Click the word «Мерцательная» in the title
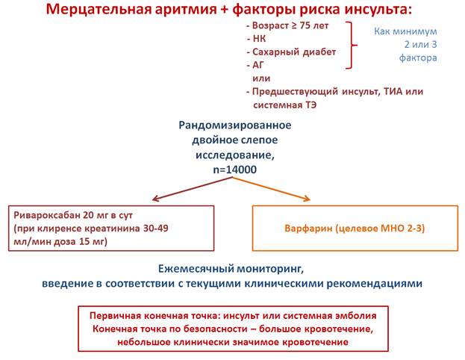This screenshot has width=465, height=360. tap(99, 10)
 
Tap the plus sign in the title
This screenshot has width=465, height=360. tap(224, 10)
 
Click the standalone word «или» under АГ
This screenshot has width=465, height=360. tap(261, 78)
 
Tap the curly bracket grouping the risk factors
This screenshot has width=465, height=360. tap(352, 46)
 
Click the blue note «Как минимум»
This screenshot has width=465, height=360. tap(405, 31)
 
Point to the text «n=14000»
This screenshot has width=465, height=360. tap(235, 170)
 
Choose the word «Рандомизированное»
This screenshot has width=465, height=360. tap(235, 125)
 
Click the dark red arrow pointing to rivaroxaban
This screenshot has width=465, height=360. tap(192, 189)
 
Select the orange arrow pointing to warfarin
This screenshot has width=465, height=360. tap(272, 189)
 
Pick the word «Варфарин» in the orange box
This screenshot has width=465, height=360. tap(308, 229)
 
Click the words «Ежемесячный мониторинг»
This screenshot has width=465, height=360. tap(231, 269)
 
